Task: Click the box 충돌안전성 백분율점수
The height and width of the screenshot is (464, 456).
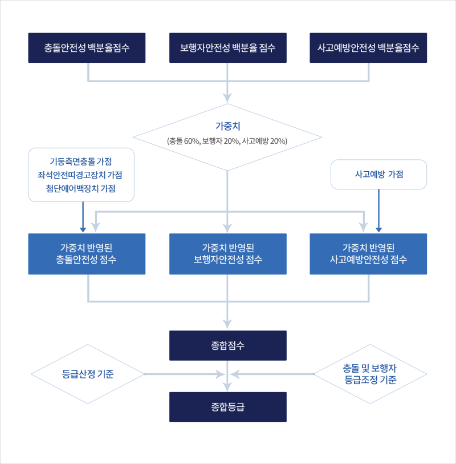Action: coord(87,47)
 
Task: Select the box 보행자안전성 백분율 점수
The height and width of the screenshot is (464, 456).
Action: coord(228,47)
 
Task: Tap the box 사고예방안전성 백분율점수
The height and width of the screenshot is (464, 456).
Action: coord(368,47)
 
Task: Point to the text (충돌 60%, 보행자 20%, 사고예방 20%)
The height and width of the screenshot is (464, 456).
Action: coord(227,140)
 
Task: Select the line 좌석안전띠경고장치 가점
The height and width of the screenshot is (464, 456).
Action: coord(80,175)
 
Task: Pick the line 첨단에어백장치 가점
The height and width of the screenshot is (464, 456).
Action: coord(80,188)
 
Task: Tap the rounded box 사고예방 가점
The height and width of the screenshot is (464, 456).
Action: coord(379,175)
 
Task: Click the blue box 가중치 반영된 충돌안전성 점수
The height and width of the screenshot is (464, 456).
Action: coord(87,254)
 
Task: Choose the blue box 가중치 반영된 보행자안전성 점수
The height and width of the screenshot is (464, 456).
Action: coord(228,254)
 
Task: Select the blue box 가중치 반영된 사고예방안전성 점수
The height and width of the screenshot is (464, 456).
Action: coord(368,254)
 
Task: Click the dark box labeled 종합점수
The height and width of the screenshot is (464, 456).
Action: coord(228,345)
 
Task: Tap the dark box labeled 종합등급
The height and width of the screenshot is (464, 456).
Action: coord(228,407)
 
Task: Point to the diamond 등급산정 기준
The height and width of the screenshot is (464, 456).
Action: coord(87,374)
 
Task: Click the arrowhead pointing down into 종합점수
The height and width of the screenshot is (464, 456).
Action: coord(228,326)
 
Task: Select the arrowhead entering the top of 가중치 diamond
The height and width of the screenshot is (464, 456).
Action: coord(228,99)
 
